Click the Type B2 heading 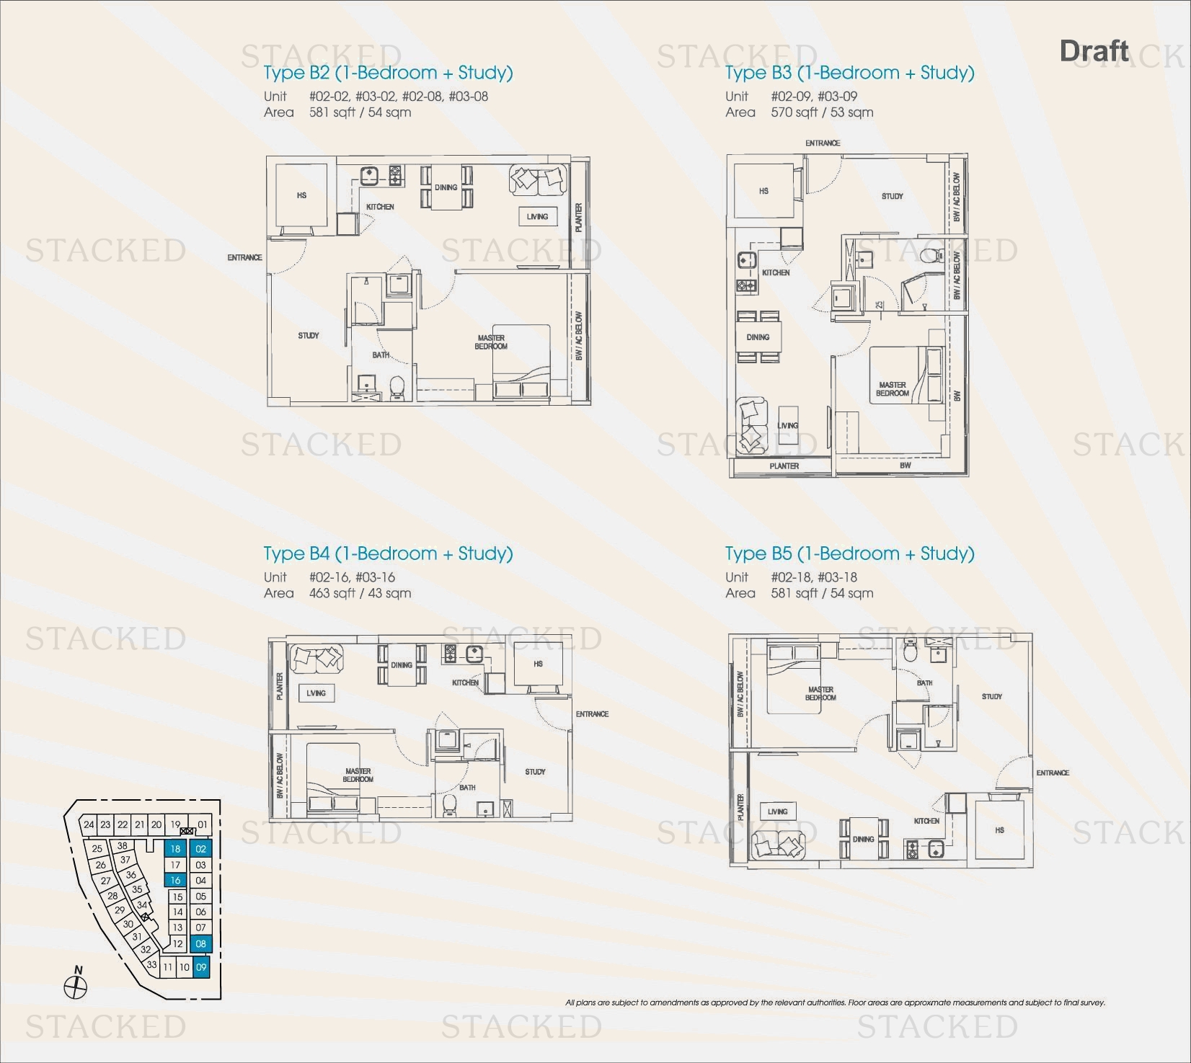[x=388, y=73]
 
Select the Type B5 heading [x=849, y=553]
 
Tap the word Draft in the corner [x=1094, y=51]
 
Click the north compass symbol [x=75, y=986]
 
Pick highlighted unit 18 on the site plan [x=175, y=849]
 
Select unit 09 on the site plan [x=201, y=968]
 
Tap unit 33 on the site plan [x=151, y=964]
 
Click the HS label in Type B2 [x=301, y=195]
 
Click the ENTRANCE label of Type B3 [x=823, y=143]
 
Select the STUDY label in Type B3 [x=892, y=196]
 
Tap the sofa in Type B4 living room [x=316, y=657]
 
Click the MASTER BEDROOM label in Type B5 [x=820, y=693]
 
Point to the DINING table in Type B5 [x=863, y=839]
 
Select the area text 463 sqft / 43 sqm [x=360, y=593]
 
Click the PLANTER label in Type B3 [x=784, y=466]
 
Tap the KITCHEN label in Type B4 [x=465, y=682]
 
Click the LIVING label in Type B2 [x=537, y=216]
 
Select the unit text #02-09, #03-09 [x=813, y=97]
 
